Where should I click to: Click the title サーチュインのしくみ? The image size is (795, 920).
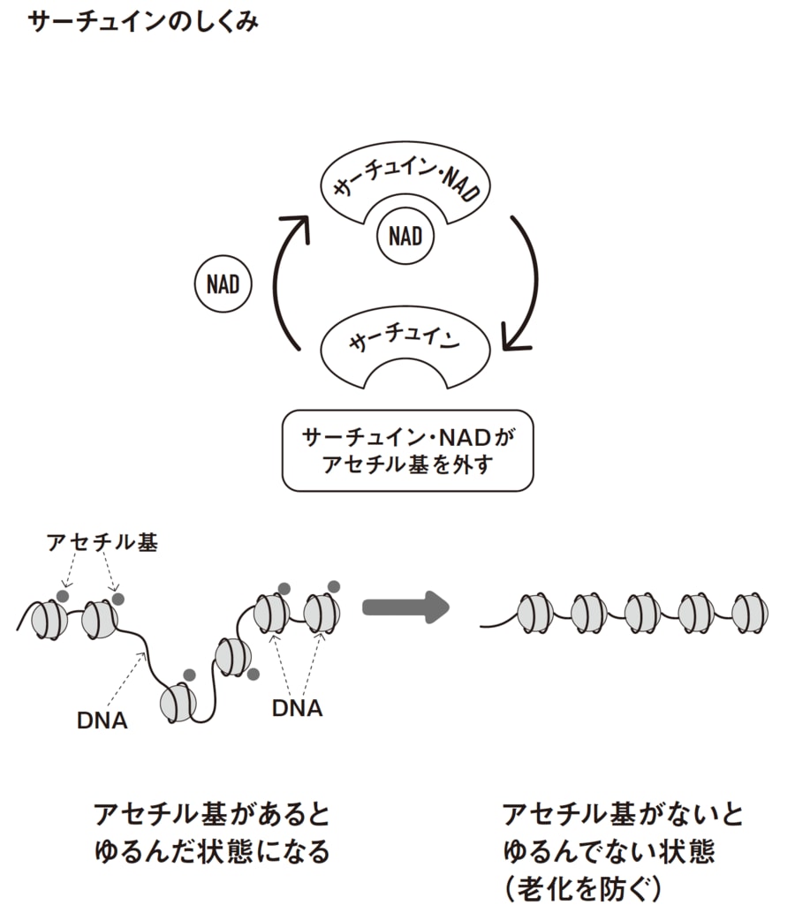pos(142,23)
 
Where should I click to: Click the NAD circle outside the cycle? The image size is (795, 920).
pos(223,285)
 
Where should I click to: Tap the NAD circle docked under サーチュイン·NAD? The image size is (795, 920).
pos(405,236)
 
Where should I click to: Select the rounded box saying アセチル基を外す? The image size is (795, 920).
pos(407,449)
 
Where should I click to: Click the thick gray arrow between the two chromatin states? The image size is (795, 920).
pos(406,607)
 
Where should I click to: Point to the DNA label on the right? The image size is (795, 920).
pos(297,707)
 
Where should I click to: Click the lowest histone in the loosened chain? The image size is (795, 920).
pos(177,703)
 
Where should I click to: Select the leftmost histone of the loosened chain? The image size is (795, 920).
pos(49,620)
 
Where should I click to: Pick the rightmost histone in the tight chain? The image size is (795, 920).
pos(750,612)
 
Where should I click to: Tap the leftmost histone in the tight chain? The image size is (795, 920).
pos(535,612)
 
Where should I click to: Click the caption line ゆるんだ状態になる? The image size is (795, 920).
pos(211,851)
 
